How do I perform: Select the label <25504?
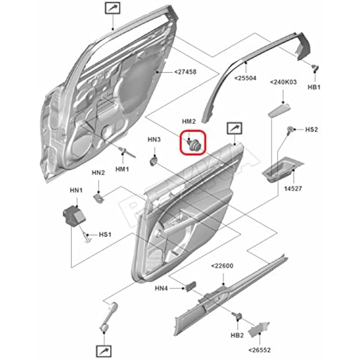click(245, 78)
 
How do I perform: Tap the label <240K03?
click(283, 82)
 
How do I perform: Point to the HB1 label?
click(314, 87)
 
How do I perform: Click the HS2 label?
click(312, 130)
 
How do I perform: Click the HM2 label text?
click(189, 121)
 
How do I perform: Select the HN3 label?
click(154, 140)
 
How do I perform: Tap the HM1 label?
click(122, 169)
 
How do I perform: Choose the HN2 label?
click(99, 172)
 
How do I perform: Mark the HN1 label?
click(76, 191)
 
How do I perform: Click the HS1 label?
click(105, 234)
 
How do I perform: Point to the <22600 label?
click(222, 266)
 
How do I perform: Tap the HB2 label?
click(237, 335)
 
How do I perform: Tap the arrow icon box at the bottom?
click(103, 350)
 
